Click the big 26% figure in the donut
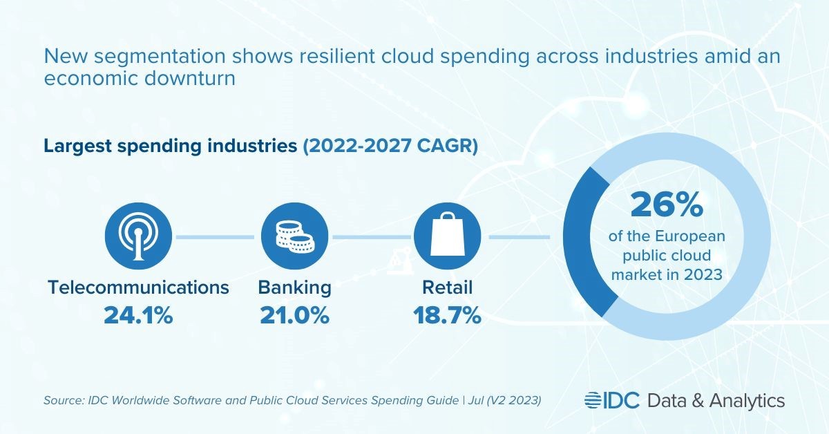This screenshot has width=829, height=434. click(x=667, y=205)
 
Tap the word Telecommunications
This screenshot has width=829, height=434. click(x=138, y=287)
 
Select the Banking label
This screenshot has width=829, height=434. click(x=294, y=287)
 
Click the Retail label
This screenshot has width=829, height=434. click(x=446, y=287)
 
